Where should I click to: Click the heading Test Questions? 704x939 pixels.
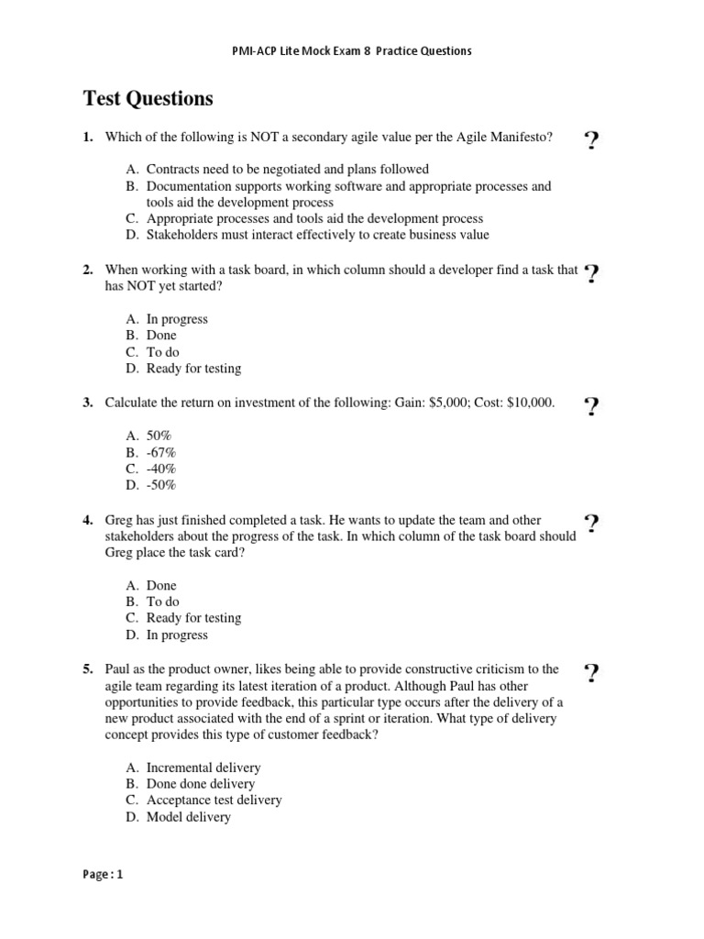click(x=148, y=98)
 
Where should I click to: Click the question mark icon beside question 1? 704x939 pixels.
click(x=591, y=141)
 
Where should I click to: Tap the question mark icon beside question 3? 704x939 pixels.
click(x=591, y=407)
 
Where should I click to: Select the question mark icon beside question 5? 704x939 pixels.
click(x=591, y=674)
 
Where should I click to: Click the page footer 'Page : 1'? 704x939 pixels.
click(x=103, y=874)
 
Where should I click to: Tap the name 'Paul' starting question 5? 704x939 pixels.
click(x=119, y=668)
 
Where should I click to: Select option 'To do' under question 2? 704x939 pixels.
click(x=162, y=352)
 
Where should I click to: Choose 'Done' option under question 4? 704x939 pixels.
click(x=161, y=585)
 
